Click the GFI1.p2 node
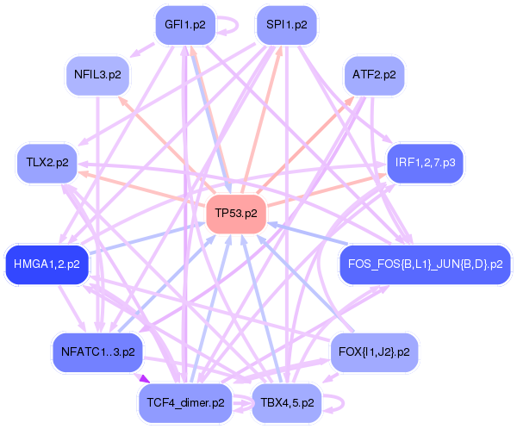pos(185,25)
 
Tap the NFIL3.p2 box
pos(97,75)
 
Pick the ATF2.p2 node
pos(374,75)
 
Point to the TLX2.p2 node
pos(47,162)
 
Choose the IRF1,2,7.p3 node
pos(425,162)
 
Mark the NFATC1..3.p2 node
pos(97,351)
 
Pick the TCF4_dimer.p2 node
pos(185,401)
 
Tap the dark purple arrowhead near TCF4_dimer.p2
pos(143,379)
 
